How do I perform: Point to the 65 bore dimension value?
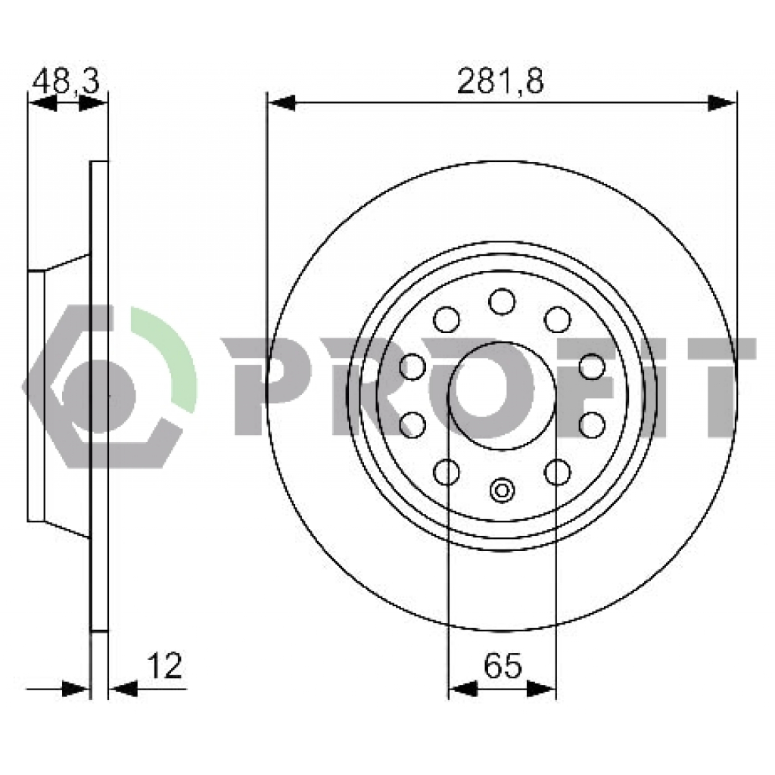click(503, 665)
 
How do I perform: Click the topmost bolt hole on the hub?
click(502, 301)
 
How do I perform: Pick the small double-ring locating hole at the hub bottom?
click(502, 490)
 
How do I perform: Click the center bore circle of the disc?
click(502, 396)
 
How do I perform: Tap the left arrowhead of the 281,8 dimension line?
click(281, 104)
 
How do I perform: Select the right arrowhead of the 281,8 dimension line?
click(722, 104)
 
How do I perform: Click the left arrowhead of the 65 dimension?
click(462, 688)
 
